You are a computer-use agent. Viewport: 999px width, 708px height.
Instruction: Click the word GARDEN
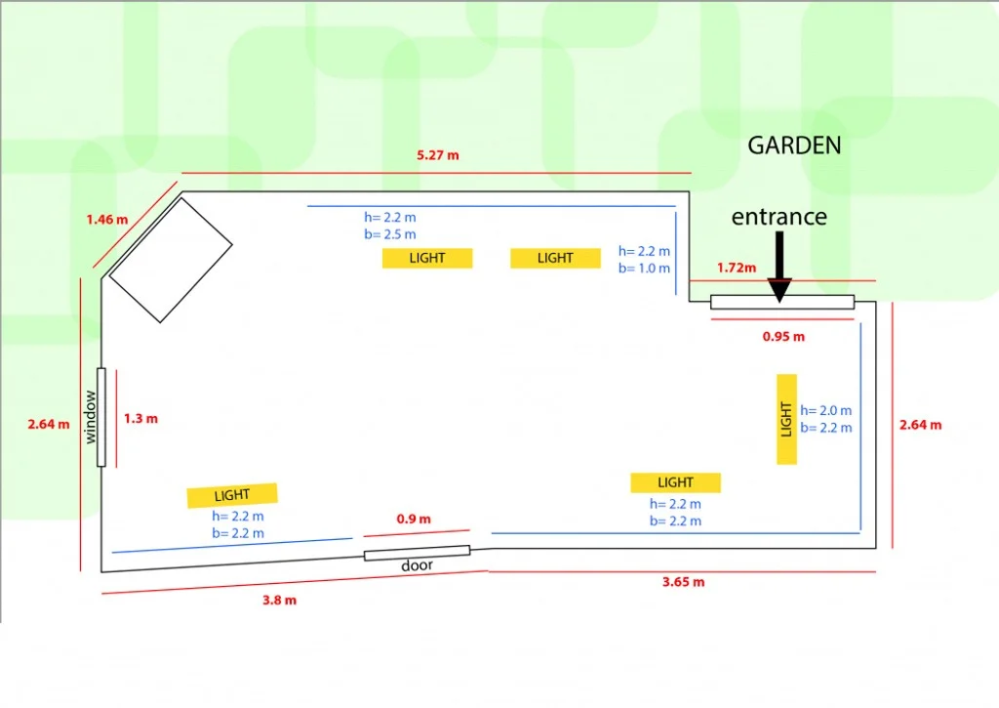click(794, 146)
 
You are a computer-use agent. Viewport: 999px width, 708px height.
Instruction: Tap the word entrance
click(779, 217)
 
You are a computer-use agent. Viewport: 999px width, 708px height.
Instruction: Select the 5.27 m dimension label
click(437, 155)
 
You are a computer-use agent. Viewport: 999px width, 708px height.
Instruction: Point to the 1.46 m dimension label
click(106, 220)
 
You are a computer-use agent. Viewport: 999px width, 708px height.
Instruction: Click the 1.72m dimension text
click(737, 267)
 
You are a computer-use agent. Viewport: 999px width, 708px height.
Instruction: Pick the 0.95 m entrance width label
click(783, 337)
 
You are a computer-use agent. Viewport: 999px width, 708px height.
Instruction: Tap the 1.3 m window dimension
click(140, 418)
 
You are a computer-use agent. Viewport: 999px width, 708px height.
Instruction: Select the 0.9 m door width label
click(414, 519)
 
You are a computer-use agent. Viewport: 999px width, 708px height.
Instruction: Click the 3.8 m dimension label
click(279, 601)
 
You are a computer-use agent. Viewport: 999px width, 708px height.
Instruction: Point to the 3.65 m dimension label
click(683, 582)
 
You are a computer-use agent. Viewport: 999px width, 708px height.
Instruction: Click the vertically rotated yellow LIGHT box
click(786, 419)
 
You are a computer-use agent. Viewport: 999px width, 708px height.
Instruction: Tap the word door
click(417, 566)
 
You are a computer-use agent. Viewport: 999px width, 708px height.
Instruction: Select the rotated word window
click(91, 417)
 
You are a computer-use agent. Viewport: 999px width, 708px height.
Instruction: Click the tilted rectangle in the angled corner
click(171, 259)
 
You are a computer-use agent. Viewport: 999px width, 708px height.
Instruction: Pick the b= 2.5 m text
click(389, 234)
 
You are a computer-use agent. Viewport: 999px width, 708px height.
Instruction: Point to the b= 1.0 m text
click(644, 268)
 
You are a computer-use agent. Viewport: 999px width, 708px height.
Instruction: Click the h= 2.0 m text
click(825, 411)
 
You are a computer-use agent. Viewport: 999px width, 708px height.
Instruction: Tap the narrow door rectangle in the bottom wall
click(417, 553)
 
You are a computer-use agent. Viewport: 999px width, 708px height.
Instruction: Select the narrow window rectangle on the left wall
click(100, 417)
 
